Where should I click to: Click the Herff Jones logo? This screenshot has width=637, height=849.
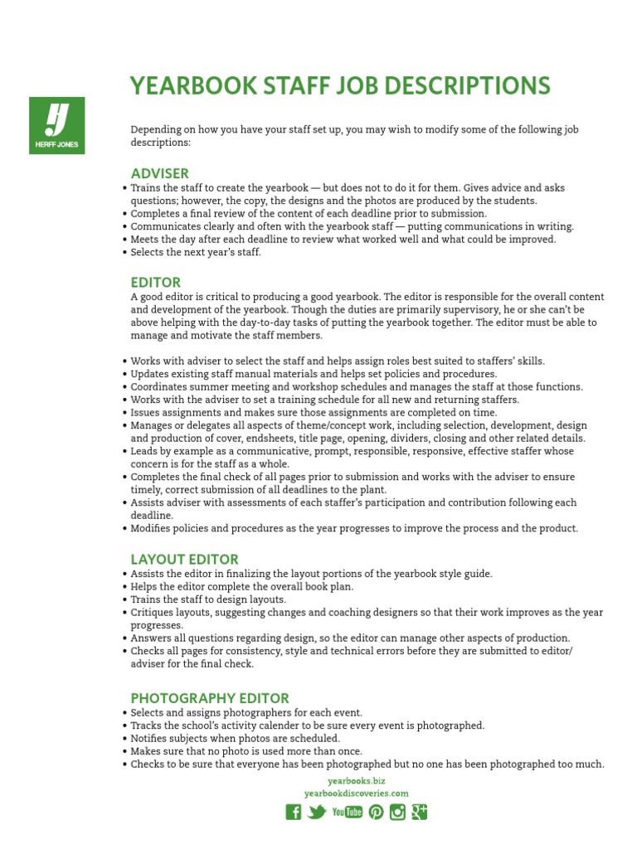56,124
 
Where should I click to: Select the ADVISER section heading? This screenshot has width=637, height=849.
160,173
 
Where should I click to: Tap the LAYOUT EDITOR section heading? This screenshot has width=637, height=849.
184,560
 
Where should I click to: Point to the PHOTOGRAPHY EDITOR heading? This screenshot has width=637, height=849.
210,698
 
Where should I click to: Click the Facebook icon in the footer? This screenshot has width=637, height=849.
293,812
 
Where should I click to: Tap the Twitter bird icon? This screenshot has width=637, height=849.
316,812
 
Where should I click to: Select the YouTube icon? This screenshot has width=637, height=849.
347,812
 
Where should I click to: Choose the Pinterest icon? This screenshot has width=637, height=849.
376,812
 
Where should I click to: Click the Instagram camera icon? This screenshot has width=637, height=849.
397,812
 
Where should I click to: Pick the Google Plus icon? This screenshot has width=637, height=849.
420,812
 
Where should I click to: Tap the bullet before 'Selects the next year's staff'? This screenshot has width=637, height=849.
124,253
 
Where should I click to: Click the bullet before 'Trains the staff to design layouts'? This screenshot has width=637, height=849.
124,599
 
